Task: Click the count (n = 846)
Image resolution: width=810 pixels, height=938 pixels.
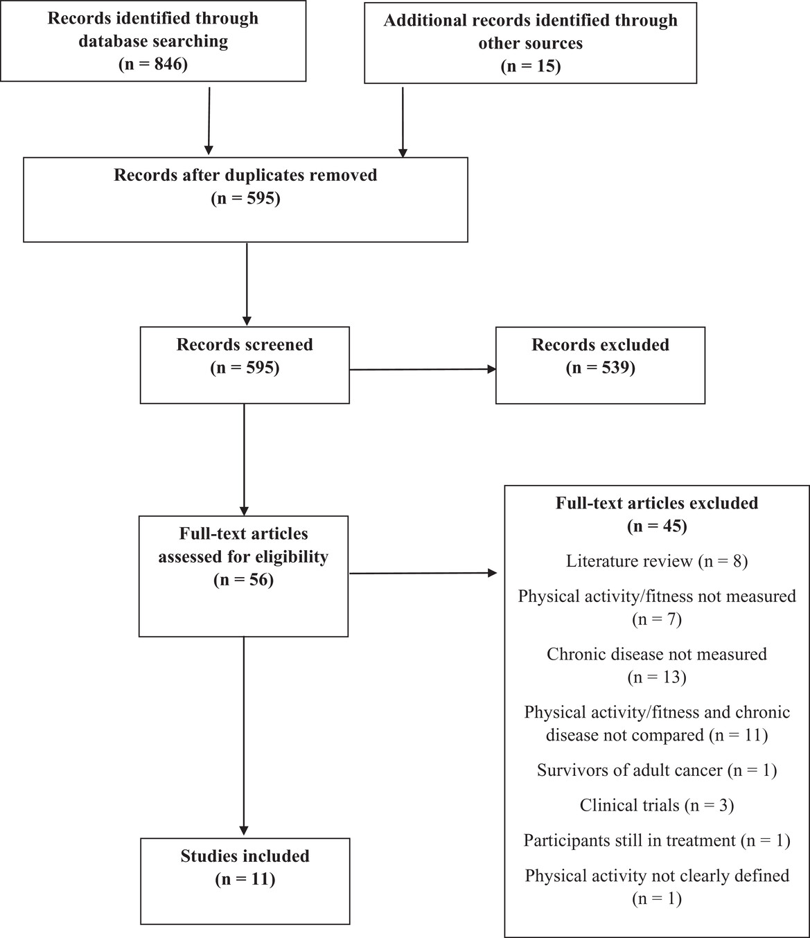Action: coord(153,64)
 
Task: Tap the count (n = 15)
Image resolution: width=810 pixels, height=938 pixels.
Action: coord(531,67)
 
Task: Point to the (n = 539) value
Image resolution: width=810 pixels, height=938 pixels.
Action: coord(600,367)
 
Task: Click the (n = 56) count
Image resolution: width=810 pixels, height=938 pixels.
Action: coord(244,580)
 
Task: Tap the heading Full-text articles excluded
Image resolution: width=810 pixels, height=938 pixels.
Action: coord(657,503)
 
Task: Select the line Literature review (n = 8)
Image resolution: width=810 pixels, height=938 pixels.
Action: coord(657,561)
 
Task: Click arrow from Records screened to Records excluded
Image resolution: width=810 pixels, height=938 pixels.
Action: coord(423,369)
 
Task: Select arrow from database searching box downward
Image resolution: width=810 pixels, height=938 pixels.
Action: coord(209,121)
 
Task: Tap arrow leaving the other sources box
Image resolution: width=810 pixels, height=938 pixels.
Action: coord(403,123)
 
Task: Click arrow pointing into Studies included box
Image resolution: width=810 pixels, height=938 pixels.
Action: coord(244,736)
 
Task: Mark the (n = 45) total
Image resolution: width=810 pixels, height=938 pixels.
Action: coord(657,526)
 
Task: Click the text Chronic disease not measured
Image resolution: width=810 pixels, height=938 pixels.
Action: coord(657,655)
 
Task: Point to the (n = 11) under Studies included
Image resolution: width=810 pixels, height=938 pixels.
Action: coord(245,879)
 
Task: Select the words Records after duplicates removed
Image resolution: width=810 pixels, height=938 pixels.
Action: coord(245,175)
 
